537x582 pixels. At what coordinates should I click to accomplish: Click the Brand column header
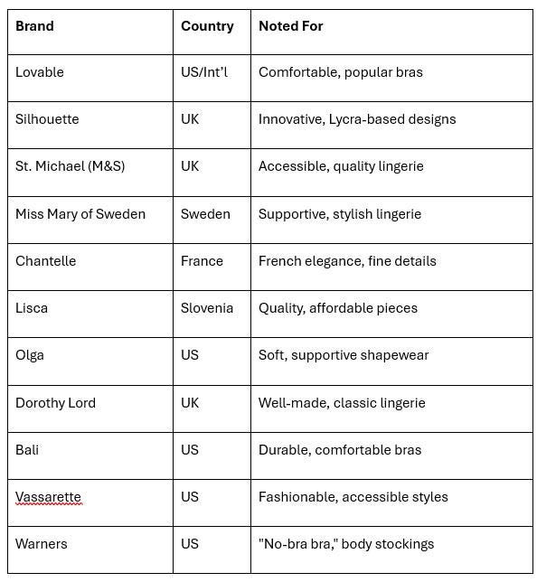(x=34, y=26)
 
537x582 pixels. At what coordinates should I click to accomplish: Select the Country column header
(x=207, y=26)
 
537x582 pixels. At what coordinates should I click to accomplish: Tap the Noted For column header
(x=290, y=26)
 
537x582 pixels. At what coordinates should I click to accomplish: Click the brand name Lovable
(x=40, y=72)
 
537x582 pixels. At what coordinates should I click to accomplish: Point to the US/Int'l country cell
(x=204, y=72)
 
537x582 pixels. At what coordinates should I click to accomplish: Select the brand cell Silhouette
(x=47, y=119)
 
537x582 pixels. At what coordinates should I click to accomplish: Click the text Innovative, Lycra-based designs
(x=357, y=119)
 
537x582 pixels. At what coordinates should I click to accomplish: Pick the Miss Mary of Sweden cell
(x=80, y=214)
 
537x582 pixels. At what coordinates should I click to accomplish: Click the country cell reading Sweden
(x=205, y=214)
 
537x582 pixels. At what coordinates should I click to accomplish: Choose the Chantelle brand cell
(x=46, y=261)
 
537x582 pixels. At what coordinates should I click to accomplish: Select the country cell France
(x=202, y=261)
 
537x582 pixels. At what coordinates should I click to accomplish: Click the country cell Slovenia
(x=207, y=308)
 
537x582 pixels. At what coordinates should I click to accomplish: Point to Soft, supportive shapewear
(x=344, y=355)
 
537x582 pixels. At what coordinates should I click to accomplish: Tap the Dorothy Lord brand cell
(x=55, y=403)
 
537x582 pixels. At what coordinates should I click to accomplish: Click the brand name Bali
(x=27, y=450)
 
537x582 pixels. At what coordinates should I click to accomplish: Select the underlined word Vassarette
(x=48, y=497)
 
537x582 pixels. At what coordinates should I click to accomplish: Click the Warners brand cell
(x=42, y=544)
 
